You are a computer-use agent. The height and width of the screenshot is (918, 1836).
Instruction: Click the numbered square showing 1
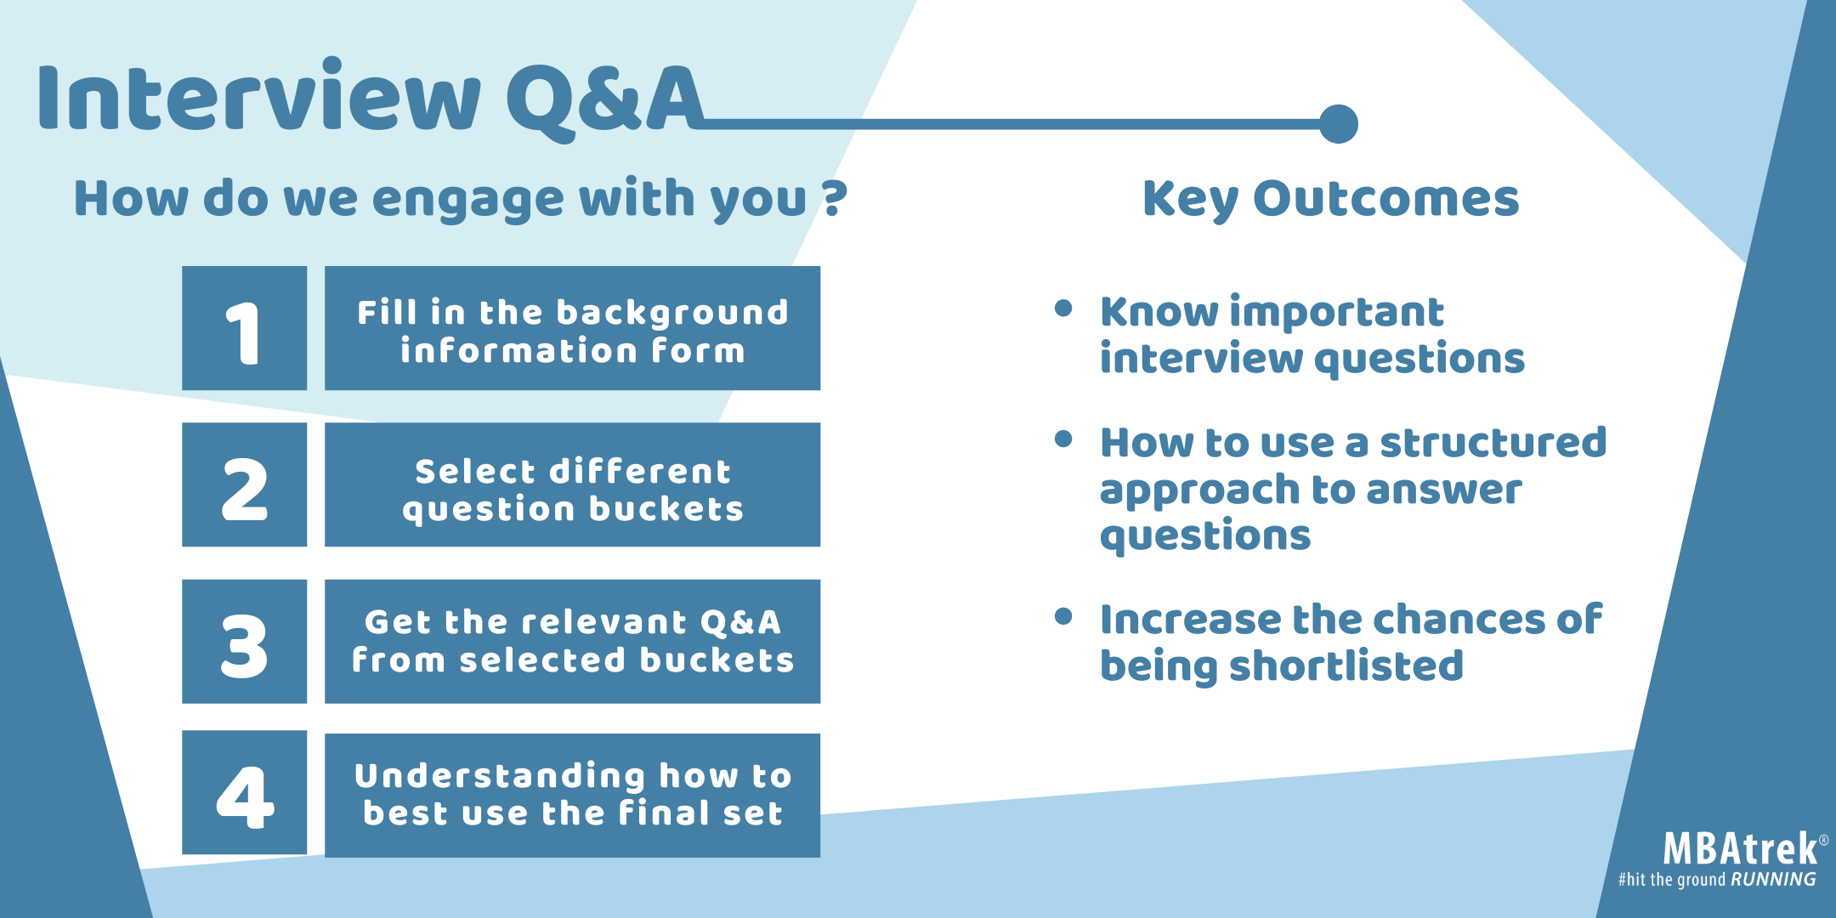coord(244,328)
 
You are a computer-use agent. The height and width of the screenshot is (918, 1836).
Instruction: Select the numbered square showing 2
coord(244,484)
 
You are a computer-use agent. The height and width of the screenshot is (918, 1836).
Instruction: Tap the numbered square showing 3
coord(244,642)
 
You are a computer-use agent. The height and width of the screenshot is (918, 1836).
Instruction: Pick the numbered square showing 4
coord(244,792)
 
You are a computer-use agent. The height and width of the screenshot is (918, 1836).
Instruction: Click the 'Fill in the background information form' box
coord(572,328)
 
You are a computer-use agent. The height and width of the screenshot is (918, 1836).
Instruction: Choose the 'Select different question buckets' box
coord(572,484)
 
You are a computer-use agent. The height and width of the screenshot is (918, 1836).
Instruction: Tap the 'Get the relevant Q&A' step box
coord(572,642)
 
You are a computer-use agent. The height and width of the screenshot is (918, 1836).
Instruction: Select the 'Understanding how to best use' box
coord(572,796)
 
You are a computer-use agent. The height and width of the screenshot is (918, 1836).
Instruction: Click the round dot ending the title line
coord(1339,124)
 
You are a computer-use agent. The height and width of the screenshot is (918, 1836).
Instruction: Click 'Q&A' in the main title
coord(605,100)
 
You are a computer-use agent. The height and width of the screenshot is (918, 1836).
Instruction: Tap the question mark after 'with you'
coord(835,198)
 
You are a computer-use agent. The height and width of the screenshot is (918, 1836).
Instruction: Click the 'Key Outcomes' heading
coord(1330,200)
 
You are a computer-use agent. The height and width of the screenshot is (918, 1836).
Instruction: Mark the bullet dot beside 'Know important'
coord(1062,308)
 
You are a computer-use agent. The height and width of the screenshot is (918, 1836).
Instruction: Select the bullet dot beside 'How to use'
coord(1062,439)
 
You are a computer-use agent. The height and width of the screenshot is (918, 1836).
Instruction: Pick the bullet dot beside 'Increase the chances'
coord(1062,616)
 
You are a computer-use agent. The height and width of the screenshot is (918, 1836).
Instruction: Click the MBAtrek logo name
coord(1740,848)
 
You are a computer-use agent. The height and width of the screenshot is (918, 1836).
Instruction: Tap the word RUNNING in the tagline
coord(1773,880)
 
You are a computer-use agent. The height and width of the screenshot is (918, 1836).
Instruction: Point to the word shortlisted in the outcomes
coord(1346,666)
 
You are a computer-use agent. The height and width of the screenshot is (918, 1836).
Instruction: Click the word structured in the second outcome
coord(1493,443)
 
